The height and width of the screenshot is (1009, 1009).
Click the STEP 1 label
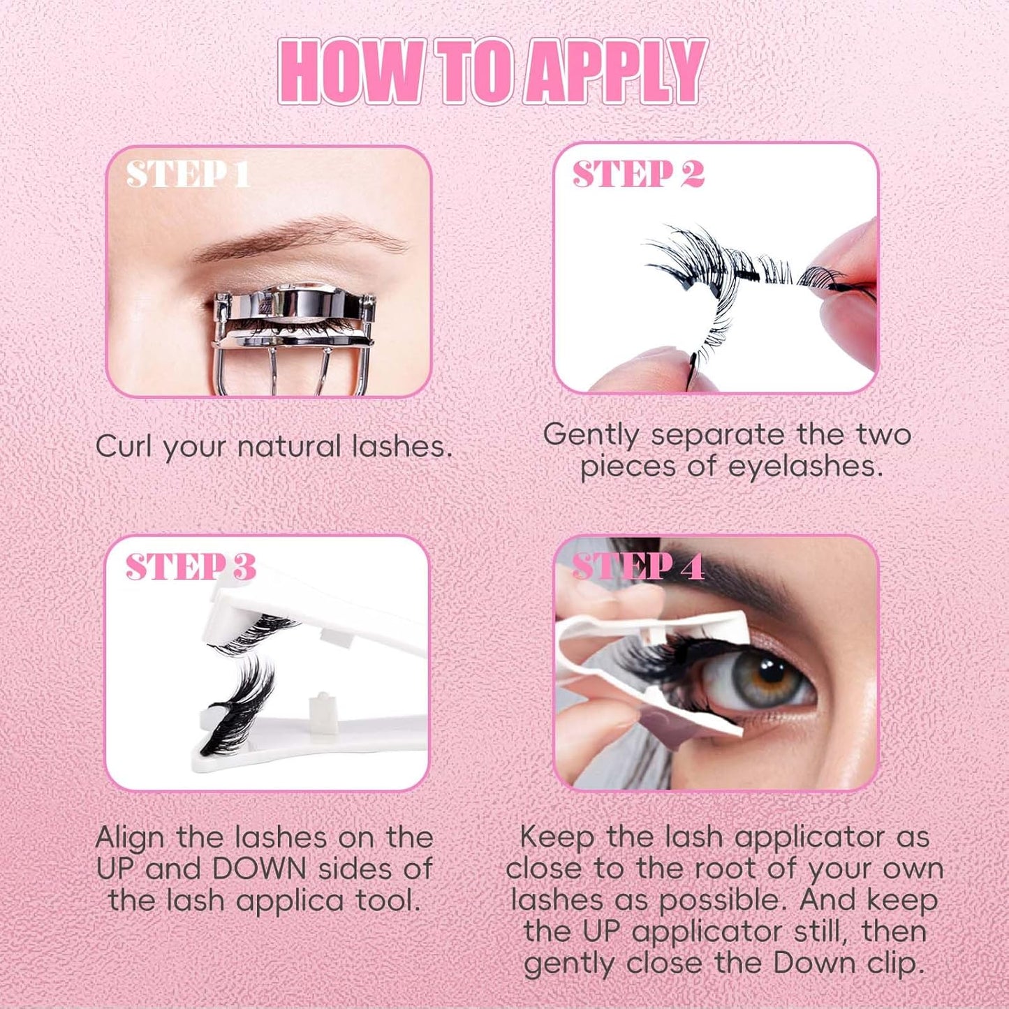(188, 175)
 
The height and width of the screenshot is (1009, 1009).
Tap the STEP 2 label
(638, 175)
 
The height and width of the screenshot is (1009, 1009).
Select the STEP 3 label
(191, 567)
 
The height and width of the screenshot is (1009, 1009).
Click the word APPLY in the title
(614, 73)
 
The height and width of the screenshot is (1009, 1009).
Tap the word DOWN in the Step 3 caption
(259, 869)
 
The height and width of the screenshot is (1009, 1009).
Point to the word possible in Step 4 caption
(726, 901)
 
